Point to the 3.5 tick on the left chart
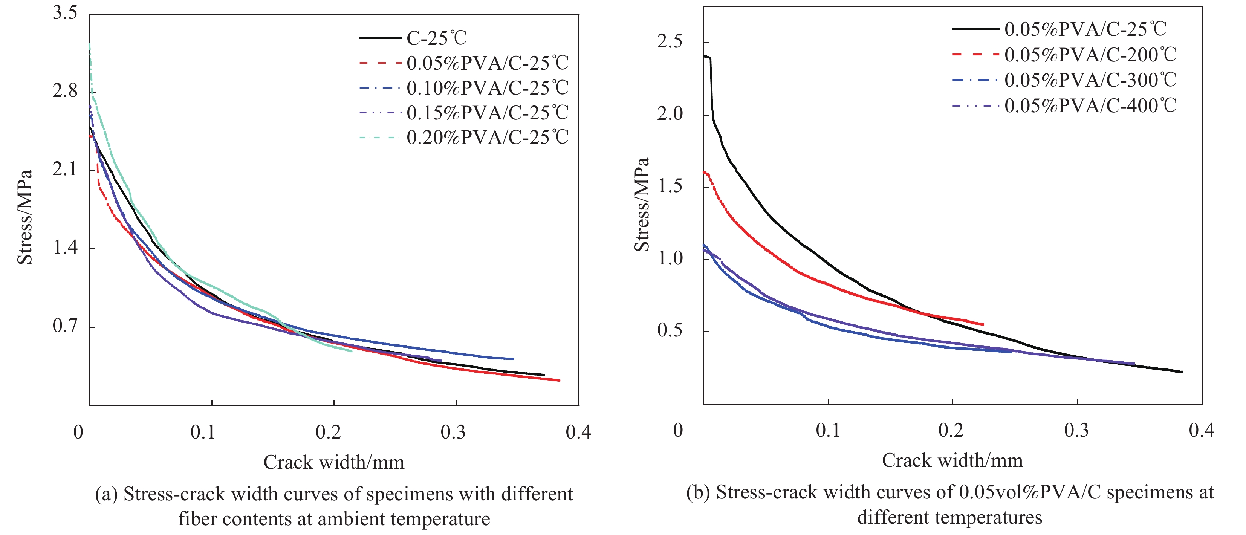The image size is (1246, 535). click(x=65, y=12)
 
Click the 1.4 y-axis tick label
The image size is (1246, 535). click(x=65, y=248)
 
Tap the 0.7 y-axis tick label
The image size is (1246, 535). click(x=65, y=326)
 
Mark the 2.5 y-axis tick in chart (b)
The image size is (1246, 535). click(x=670, y=41)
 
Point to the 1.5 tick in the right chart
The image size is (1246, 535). click(x=670, y=186)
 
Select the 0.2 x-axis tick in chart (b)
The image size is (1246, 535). click(x=951, y=430)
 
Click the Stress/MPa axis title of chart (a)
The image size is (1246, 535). click(x=24, y=217)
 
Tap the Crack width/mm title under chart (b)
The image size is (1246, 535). click(x=952, y=460)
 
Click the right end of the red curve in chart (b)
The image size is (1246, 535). click(x=983, y=324)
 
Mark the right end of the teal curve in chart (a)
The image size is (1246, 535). click(x=351, y=351)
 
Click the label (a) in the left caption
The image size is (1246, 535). click(x=106, y=494)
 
